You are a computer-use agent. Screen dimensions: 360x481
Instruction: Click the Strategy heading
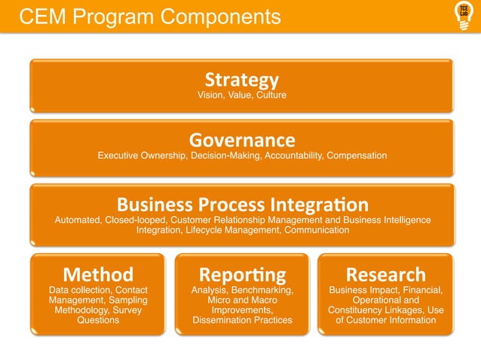click(x=241, y=79)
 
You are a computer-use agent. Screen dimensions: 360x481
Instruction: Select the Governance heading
click(x=241, y=140)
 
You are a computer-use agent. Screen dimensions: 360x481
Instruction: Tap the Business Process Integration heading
click(x=242, y=204)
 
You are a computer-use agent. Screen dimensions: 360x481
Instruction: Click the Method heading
click(x=98, y=274)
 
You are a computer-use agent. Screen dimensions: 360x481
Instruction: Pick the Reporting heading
click(x=242, y=274)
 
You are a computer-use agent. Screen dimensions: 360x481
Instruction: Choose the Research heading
click(x=385, y=274)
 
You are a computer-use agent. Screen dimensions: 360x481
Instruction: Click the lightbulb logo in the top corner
click(x=463, y=15)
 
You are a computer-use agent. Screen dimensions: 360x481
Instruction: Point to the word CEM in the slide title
click(x=42, y=17)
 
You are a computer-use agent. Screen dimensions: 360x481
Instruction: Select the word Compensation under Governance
click(x=357, y=156)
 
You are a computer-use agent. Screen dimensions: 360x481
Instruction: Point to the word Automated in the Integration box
click(x=80, y=220)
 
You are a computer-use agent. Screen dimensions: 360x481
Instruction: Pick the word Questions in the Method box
click(x=98, y=320)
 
